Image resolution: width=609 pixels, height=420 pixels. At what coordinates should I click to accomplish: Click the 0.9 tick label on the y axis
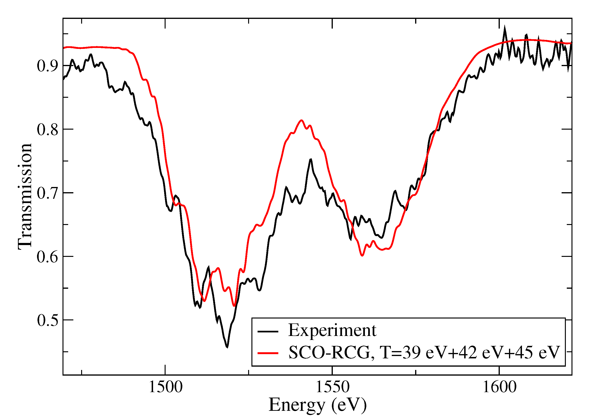(x=47, y=66)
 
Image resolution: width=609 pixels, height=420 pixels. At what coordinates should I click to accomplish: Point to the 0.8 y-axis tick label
(x=47, y=129)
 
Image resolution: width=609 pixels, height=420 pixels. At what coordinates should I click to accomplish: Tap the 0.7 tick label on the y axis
(x=47, y=193)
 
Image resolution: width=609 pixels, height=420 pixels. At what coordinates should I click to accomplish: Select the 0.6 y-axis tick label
(x=47, y=257)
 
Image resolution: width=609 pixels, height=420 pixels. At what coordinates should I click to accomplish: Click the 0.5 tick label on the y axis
(x=47, y=320)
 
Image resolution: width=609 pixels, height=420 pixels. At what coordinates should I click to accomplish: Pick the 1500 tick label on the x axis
(x=165, y=387)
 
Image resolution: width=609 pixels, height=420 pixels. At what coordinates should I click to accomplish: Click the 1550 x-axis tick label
(x=332, y=387)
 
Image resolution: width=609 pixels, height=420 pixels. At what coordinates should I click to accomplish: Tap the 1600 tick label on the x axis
(x=499, y=387)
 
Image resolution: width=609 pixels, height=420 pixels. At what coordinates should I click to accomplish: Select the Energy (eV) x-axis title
(x=317, y=405)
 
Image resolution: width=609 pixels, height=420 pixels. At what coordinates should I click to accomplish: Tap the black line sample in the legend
(x=268, y=331)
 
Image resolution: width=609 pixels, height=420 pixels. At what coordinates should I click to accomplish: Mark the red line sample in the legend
(x=268, y=353)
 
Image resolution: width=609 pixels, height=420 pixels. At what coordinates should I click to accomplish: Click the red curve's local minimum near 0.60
(x=362, y=255)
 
